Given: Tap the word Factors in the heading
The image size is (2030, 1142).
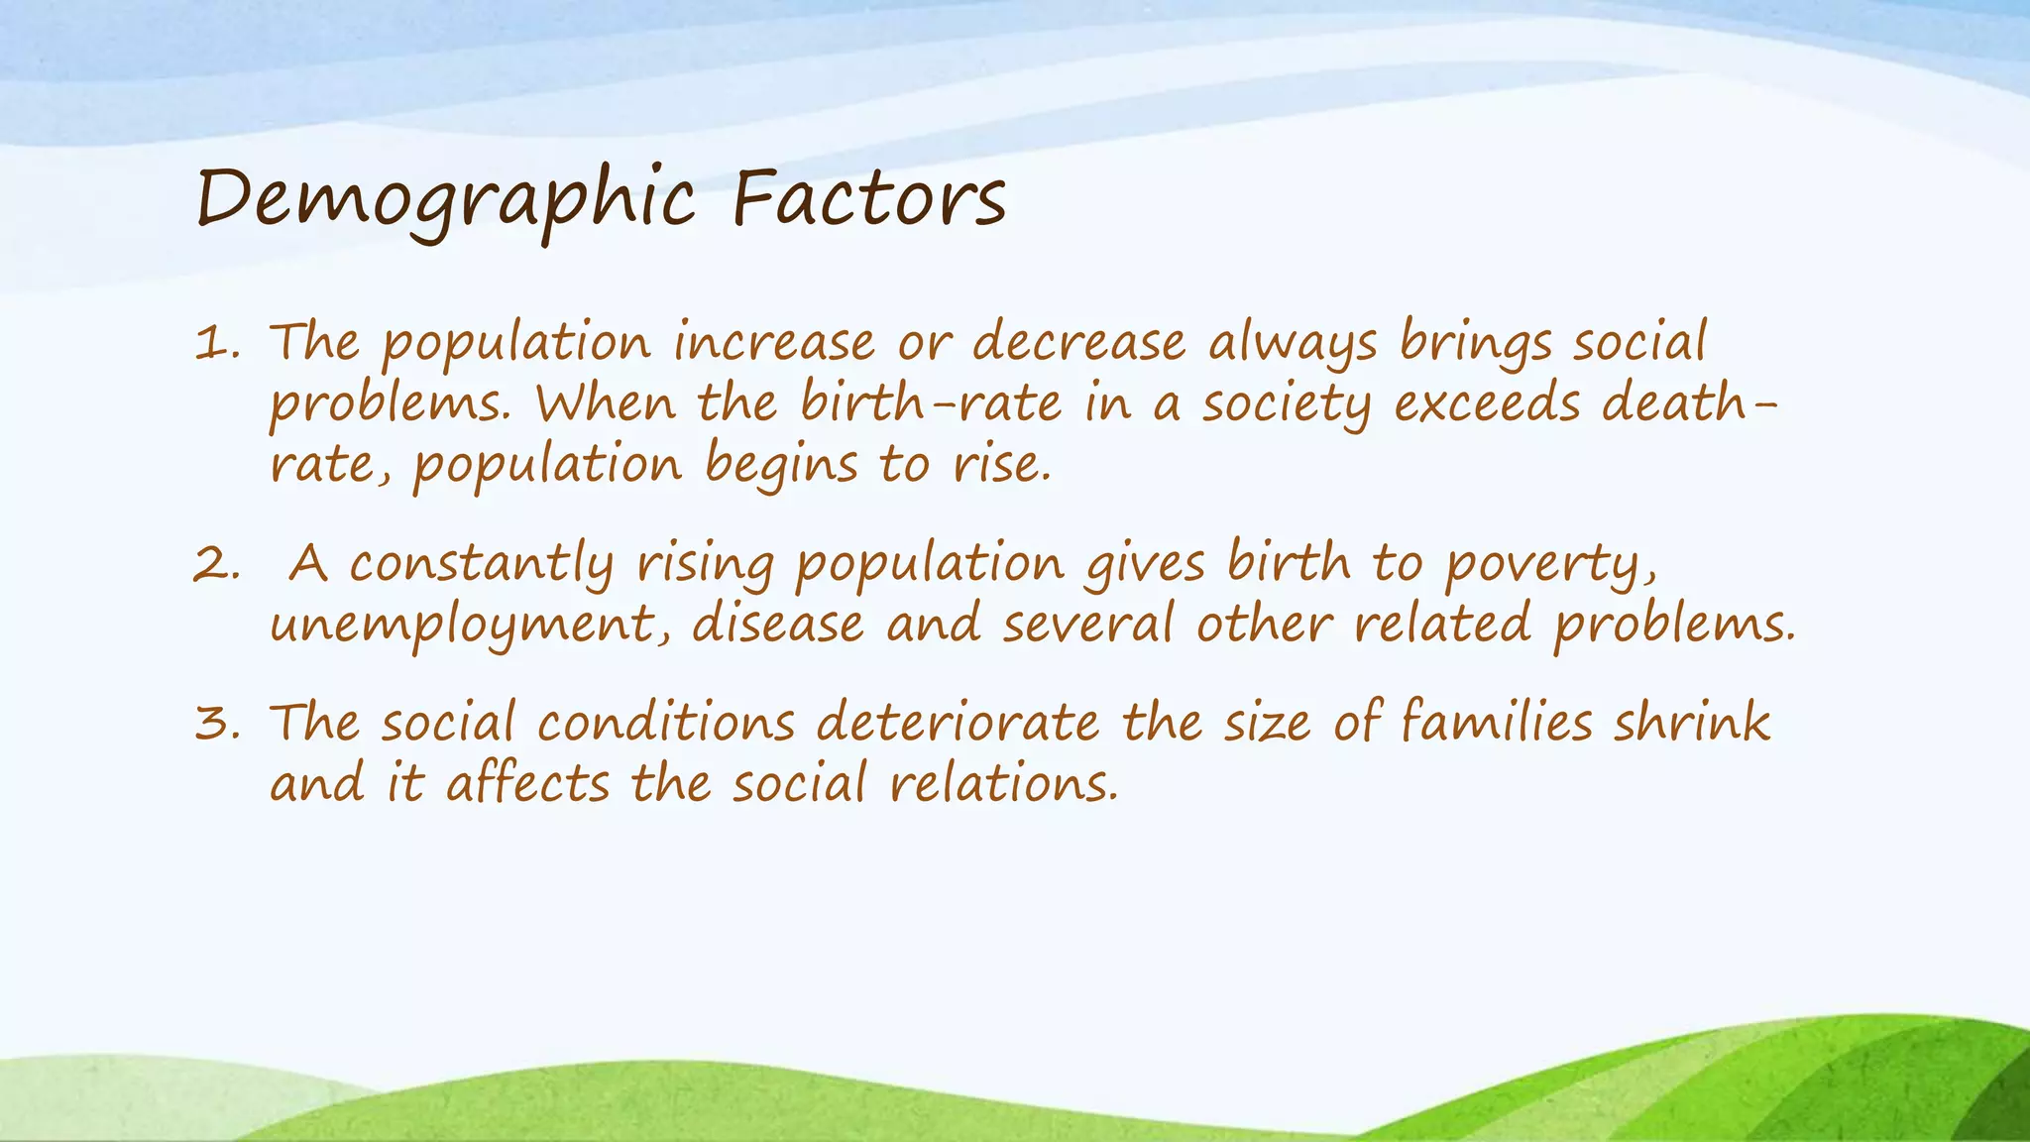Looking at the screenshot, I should tap(869, 198).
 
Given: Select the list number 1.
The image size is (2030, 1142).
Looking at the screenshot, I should tap(216, 345).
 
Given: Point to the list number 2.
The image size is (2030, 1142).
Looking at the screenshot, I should tap(216, 565).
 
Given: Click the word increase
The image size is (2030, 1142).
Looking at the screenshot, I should tap(774, 343).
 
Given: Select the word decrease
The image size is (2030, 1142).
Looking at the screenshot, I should tap(1078, 343).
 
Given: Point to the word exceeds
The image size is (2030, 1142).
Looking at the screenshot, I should tap(1487, 403).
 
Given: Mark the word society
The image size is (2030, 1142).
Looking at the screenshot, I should tap(1286, 405).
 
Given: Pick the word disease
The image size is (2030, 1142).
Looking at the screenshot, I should tap(777, 625).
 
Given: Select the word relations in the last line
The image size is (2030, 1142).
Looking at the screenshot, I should tap(1002, 783).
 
